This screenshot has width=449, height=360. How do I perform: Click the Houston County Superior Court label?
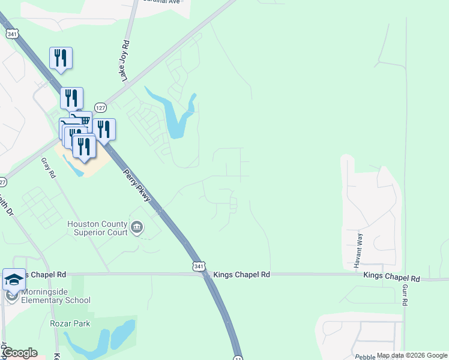97,228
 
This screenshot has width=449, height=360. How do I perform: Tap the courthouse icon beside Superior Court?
137,227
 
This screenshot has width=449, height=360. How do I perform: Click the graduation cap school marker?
14,280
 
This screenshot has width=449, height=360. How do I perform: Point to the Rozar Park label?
70,324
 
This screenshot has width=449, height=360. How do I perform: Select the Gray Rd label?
48,168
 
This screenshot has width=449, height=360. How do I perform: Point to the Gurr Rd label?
405,296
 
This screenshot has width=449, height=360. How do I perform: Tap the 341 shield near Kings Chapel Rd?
200,266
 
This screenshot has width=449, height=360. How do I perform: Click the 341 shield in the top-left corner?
12,34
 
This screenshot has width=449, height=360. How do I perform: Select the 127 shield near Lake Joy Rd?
100,106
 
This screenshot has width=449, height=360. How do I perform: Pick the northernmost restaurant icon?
61,58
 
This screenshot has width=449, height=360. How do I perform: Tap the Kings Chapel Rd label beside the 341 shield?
241,274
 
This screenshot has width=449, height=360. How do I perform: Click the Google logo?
20,353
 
